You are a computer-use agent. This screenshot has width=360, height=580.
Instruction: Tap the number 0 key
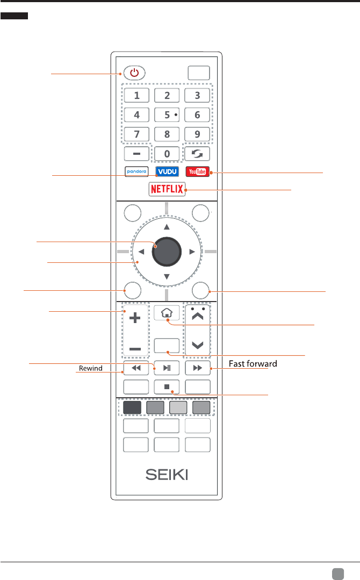[167, 154]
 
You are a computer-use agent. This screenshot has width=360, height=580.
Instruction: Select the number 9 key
[197, 134]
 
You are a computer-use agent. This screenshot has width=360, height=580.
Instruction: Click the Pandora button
[136, 172]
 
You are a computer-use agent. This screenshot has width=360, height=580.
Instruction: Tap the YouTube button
[197, 172]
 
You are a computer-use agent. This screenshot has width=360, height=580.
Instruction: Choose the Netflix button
[167, 189]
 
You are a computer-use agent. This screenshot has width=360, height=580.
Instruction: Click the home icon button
[167, 312]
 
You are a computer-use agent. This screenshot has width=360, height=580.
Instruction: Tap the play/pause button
[167, 368]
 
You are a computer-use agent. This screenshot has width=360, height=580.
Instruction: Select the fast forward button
[197, 368]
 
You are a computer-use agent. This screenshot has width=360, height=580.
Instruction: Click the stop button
[167, 386]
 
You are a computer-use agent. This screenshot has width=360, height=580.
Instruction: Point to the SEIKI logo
[167, 476]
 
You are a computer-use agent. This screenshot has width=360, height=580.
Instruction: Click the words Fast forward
[253, 364]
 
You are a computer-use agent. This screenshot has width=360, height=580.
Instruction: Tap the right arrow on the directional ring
[191, 251]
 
